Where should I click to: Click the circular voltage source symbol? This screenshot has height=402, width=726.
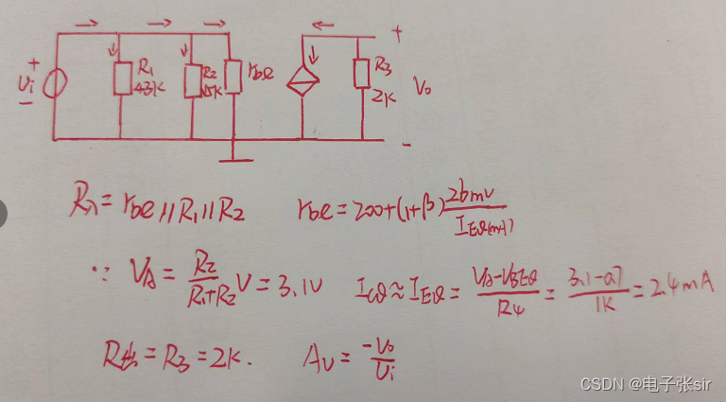click(55, 82)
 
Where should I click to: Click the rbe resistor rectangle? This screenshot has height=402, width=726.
click(233, 77)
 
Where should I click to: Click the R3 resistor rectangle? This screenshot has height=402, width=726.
click(361, 73)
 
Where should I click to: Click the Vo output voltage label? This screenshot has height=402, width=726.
click(423, 88)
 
